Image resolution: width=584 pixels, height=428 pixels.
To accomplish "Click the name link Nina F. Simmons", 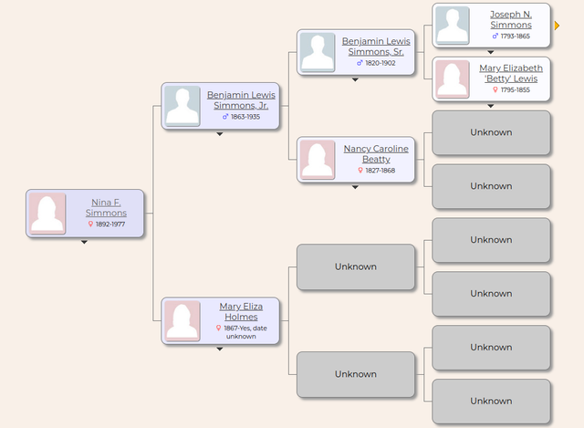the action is coord(106,207).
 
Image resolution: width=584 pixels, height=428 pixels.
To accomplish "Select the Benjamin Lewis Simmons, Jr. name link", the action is coord(241,100).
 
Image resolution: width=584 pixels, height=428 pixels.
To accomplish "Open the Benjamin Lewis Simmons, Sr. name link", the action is coord(376,47).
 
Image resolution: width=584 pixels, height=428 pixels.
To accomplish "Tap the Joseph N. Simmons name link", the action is coord(511,19).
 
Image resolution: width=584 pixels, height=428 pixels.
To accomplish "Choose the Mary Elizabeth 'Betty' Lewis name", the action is coord(511,73).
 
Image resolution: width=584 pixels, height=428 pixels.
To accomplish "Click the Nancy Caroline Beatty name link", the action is coord(376,154).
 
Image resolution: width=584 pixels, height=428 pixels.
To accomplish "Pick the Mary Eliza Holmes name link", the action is coord(241,311).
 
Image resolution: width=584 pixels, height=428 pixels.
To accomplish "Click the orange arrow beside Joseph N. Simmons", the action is coord(557,26).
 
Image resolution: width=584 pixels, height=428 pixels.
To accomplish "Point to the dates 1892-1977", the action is coord(110,224).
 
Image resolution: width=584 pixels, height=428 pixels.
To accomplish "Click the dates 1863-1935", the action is coord(245,117).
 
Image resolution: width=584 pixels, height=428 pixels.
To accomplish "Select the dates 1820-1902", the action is coord(381,63).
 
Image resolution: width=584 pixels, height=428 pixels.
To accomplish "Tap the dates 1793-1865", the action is coord(516,37).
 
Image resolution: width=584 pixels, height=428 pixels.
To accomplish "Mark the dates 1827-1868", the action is coord(381,171).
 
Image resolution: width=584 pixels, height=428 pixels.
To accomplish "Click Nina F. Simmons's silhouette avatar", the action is coord(47,214).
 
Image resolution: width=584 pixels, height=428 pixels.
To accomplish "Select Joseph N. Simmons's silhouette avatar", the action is coord(453,26).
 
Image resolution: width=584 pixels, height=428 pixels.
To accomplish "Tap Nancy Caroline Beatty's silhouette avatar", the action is coord(318,160).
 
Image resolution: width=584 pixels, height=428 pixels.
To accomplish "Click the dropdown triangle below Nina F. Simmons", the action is coord(85,242).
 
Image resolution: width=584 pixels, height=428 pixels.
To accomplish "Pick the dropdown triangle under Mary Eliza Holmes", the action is coord(220,349).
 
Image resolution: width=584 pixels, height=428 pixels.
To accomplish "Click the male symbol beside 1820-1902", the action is coord(360,63).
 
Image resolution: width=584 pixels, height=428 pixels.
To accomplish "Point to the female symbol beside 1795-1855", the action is coord(495,89).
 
